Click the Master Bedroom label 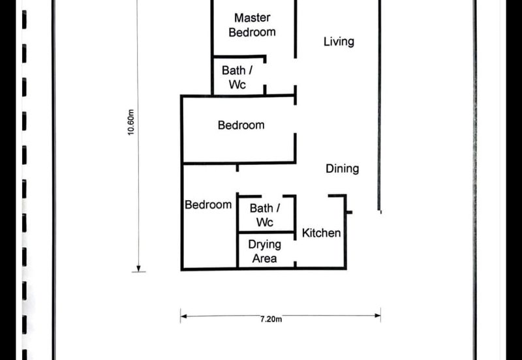(x=253, y=25)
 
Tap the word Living (x=339, y=42)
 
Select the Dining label (x=342, y=169)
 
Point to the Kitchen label (x=321, y=233)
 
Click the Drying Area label (x=265, y=251)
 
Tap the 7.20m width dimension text (x=271, y=320)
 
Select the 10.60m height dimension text (x=131, y=122)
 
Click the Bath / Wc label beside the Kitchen (x=265, y=215)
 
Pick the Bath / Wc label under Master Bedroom (x=237, y=77)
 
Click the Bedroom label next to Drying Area (x=208, y=205)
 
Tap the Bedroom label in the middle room (x=241, y=125)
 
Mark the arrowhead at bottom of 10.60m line (x=138, y=269)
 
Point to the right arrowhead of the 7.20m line (x=378, y=316)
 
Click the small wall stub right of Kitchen (x=349, y=212)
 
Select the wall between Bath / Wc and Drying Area (x=266, y=232)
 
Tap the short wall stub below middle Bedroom (x=238, y=168)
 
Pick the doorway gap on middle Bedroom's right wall (x=295, y=119)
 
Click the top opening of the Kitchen (x=312, y=196)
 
